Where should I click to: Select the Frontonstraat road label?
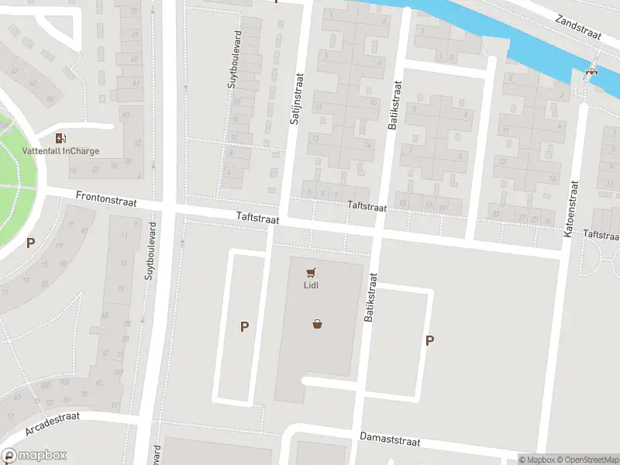pyautogui.click(x=106, y=199)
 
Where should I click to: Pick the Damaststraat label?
pyautogui.click(x=389, y=439)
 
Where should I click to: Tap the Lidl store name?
pyautogui.click(x=311, y=284)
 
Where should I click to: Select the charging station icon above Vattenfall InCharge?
pyautogui.click(x=60, y=138)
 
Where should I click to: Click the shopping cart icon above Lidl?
pyautogui.click(x=312, y=272)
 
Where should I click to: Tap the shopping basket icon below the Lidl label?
pyautogui.click(x=317, y=324)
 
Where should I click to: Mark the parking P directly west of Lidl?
pyautogui.click(x=244, y=327)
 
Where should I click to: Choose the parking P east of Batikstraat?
pyautogui.click(x=429, y=340)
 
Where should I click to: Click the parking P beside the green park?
pyautogui.click(x=30, y=243)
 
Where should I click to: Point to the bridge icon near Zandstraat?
pyautogui.click(x=591, y=72)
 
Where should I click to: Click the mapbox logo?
pyautogui.click(x=34, y=456)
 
